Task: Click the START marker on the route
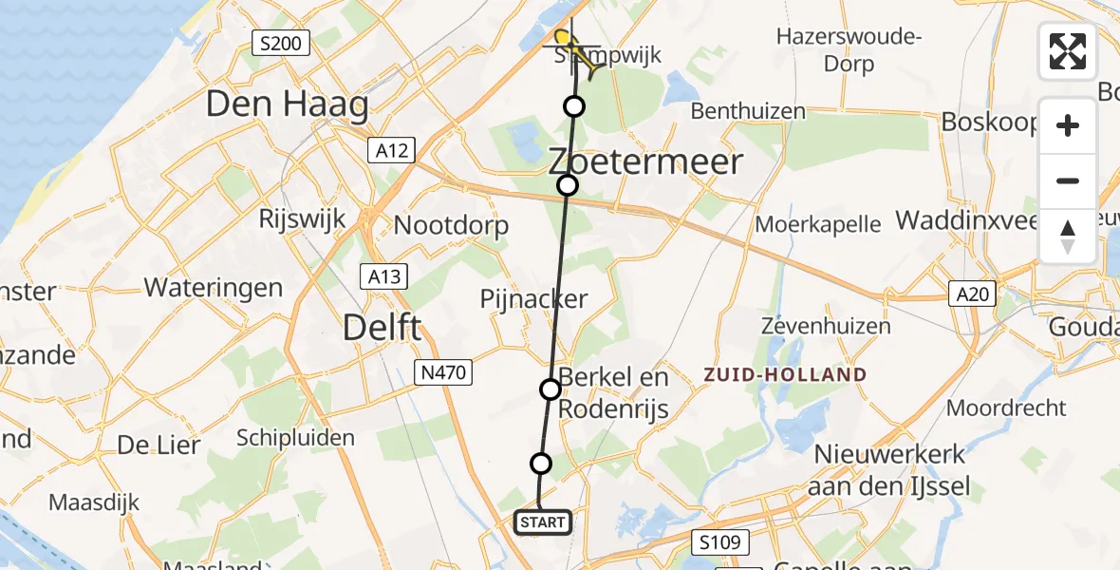[543, 522]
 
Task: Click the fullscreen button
[1068, 51]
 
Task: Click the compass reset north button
[1068, 237]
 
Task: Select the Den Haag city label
[287, 104]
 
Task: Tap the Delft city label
[382, 328]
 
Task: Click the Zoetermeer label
[645, 161]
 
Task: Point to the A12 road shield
[390, 149]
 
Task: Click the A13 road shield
[384, 276]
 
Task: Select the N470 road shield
[443, 372]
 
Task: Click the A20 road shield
[971, 295]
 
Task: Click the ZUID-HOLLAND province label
[786, 374]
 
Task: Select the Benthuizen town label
[748, 111]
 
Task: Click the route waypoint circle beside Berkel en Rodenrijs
[551, 389]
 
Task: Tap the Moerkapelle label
[818, 224]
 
